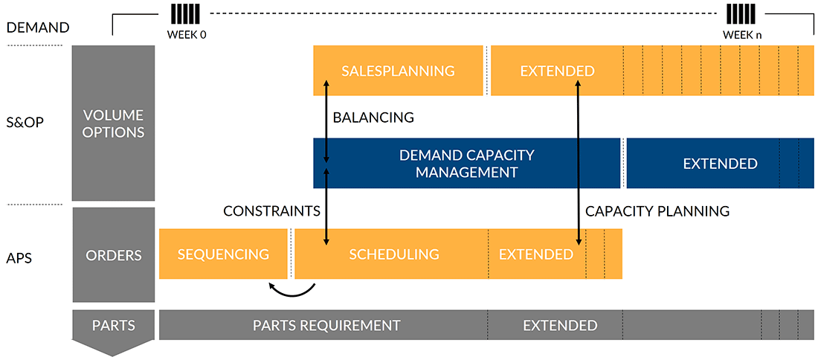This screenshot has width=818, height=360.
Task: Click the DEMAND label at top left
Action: [x=38, y=28]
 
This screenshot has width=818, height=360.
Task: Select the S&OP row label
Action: [x=26, y=122]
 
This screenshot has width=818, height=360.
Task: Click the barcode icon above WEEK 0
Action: [x=185, y=14]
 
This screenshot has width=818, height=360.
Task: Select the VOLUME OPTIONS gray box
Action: [x=113, y=123]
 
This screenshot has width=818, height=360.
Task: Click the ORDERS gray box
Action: [x=113, y=254]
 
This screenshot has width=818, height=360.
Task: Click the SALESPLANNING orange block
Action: [x=398, y=71]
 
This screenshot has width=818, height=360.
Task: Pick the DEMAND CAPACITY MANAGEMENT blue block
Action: [x=466, y=164]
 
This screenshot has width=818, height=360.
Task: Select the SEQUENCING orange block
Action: [x=223, y=254]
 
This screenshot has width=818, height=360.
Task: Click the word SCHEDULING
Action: [x=394, y=254]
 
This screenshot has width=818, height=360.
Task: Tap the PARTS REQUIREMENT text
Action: [x=326, y=325]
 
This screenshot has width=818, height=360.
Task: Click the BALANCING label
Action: [x=373, y=118]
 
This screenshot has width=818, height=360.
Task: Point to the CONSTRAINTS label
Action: [x=271, y=211]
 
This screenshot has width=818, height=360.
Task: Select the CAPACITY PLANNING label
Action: [x=657, y=211]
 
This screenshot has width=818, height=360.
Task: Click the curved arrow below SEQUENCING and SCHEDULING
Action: [x=292, y=289]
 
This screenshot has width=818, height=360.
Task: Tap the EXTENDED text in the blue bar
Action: [x=720, y=164]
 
